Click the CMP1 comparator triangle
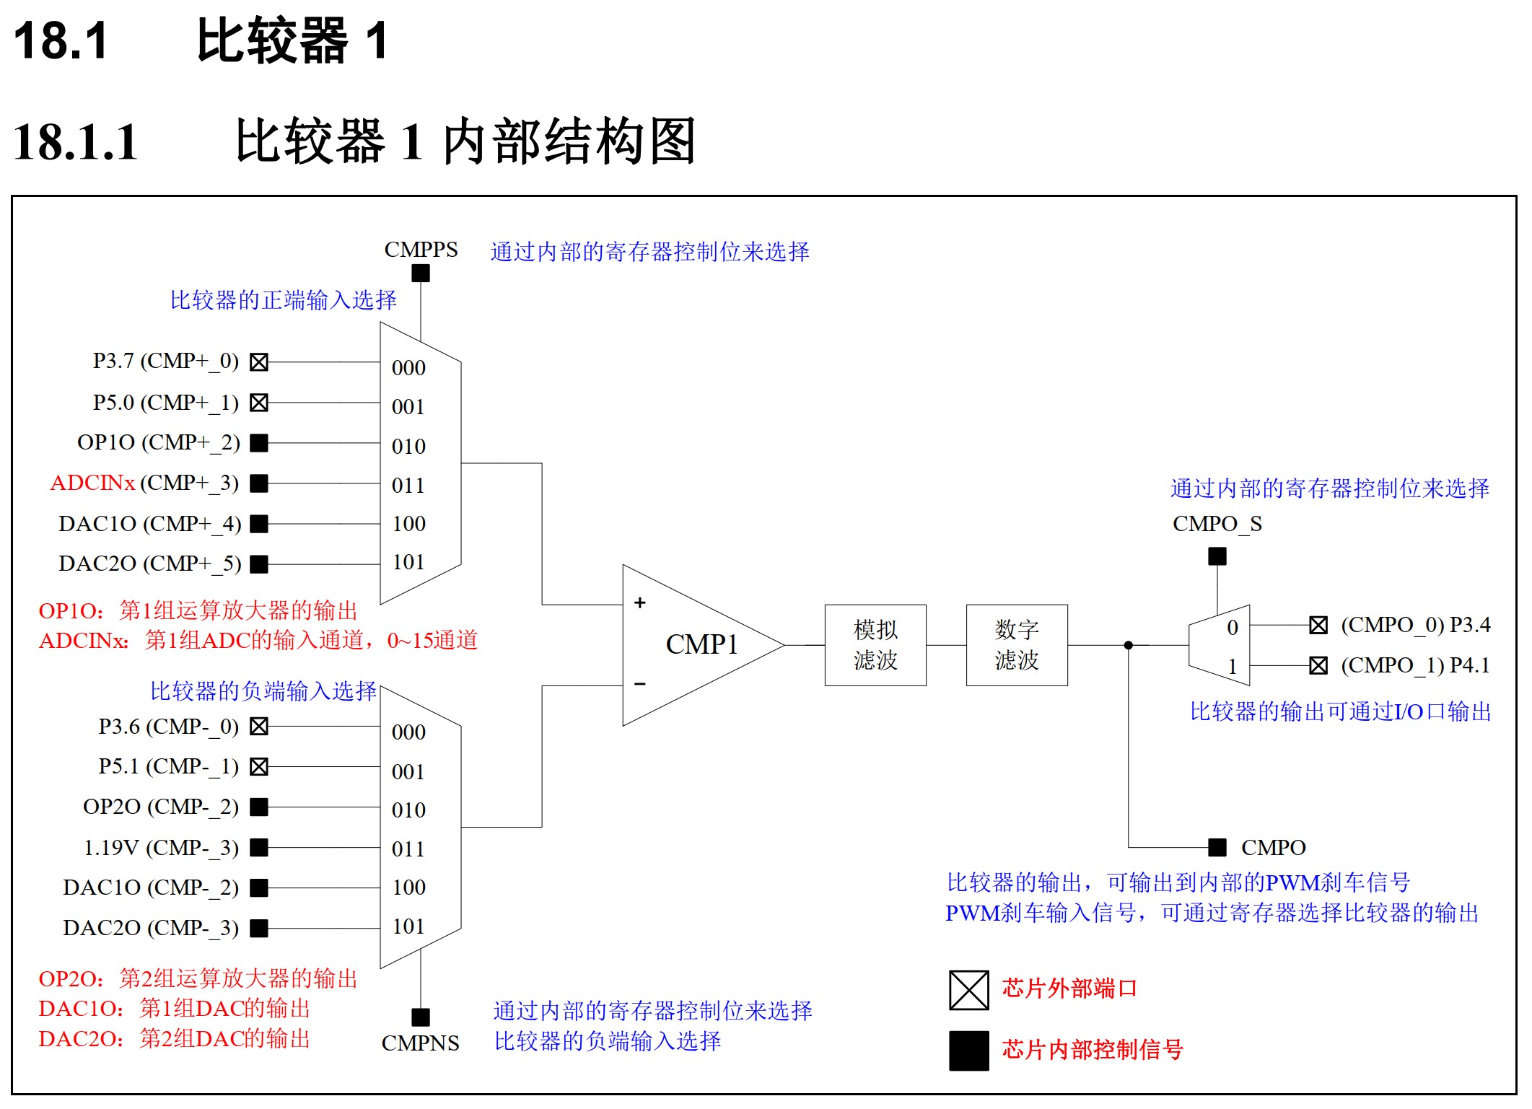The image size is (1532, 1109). click(693, 644)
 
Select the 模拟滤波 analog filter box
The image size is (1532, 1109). click(875, 644)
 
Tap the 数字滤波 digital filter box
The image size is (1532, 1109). click(1016, 644)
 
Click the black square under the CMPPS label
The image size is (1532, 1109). click(421, 273)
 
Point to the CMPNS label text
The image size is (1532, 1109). click(420, 1043)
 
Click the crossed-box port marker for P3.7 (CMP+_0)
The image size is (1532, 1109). click(259, 361)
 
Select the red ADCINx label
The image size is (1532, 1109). click(92, 483)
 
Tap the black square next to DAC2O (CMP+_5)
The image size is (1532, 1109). click(259, 564)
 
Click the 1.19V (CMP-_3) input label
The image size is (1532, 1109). click(161, 847)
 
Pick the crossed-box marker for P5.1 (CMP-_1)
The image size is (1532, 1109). click(259, 766)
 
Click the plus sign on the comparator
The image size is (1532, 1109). click(639, 602)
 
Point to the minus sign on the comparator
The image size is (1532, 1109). click(639, 683)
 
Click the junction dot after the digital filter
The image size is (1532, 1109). click(1128, 645)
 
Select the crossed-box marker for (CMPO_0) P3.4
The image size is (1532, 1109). click(1318, 625)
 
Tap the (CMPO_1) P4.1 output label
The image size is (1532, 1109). click(1414, 665)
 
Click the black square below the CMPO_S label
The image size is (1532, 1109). click(1217, 556)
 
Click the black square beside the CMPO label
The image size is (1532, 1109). click(1217, 847)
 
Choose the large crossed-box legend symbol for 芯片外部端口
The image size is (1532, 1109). click(968, 990)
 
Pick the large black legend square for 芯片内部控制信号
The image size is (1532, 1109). click(968, 1051)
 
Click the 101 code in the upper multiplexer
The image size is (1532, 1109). click(408, 562)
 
